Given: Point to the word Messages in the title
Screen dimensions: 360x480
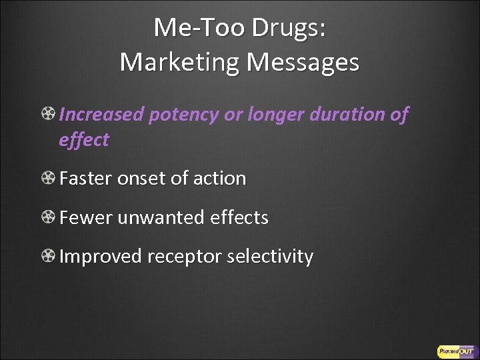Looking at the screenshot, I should click(303, 62).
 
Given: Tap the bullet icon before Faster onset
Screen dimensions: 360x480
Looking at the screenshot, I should click(48, 179).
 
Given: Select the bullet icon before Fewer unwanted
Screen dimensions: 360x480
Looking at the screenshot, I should click(48, 217).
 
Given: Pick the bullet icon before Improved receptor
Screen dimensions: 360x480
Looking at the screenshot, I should click(48, 257).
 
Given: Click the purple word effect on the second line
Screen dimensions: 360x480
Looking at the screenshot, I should click(84, 140).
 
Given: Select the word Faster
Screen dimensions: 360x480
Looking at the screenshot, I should click(86, 179).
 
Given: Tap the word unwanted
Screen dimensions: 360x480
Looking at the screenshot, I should click(162, 217).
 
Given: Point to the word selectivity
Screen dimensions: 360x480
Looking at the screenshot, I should click(270, 257).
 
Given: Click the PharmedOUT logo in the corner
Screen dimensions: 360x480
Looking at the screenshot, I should click(455, 350).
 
